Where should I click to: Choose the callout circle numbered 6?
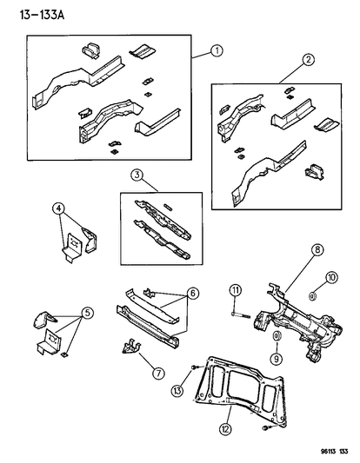coord(194,294)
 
